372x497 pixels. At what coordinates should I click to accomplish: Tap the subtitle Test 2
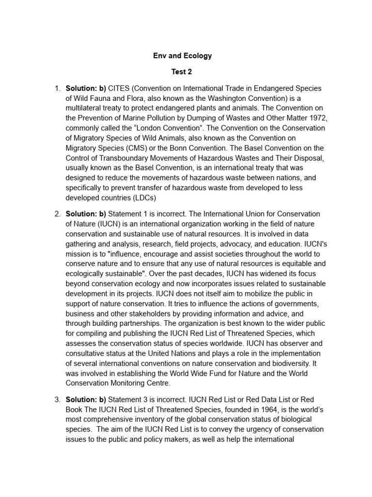click(182, 72)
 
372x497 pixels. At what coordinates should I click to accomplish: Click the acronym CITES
click(119, 88)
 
